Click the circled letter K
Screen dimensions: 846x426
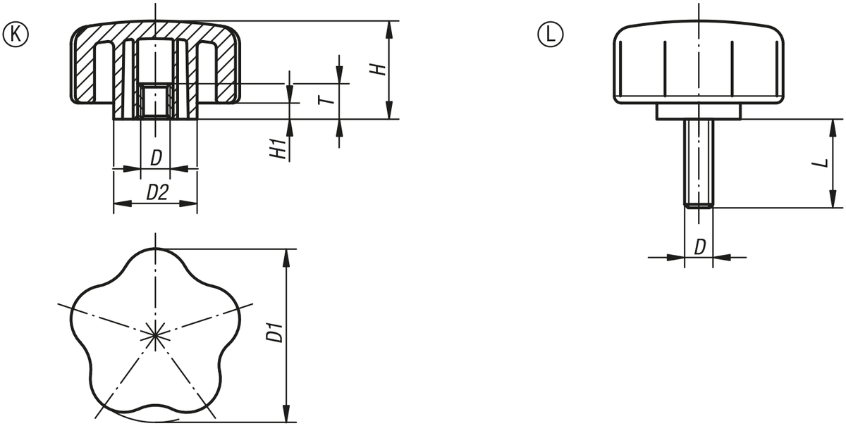(16, 35)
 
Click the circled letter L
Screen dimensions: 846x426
(551, 35)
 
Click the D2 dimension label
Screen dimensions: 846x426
(157, 193)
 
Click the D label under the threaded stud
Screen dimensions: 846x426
(700, 247)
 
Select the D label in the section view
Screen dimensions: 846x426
(157, 158)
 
